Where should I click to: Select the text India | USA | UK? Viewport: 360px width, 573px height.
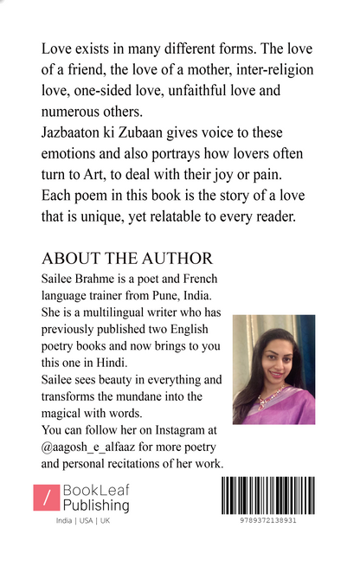click(83, 521)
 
